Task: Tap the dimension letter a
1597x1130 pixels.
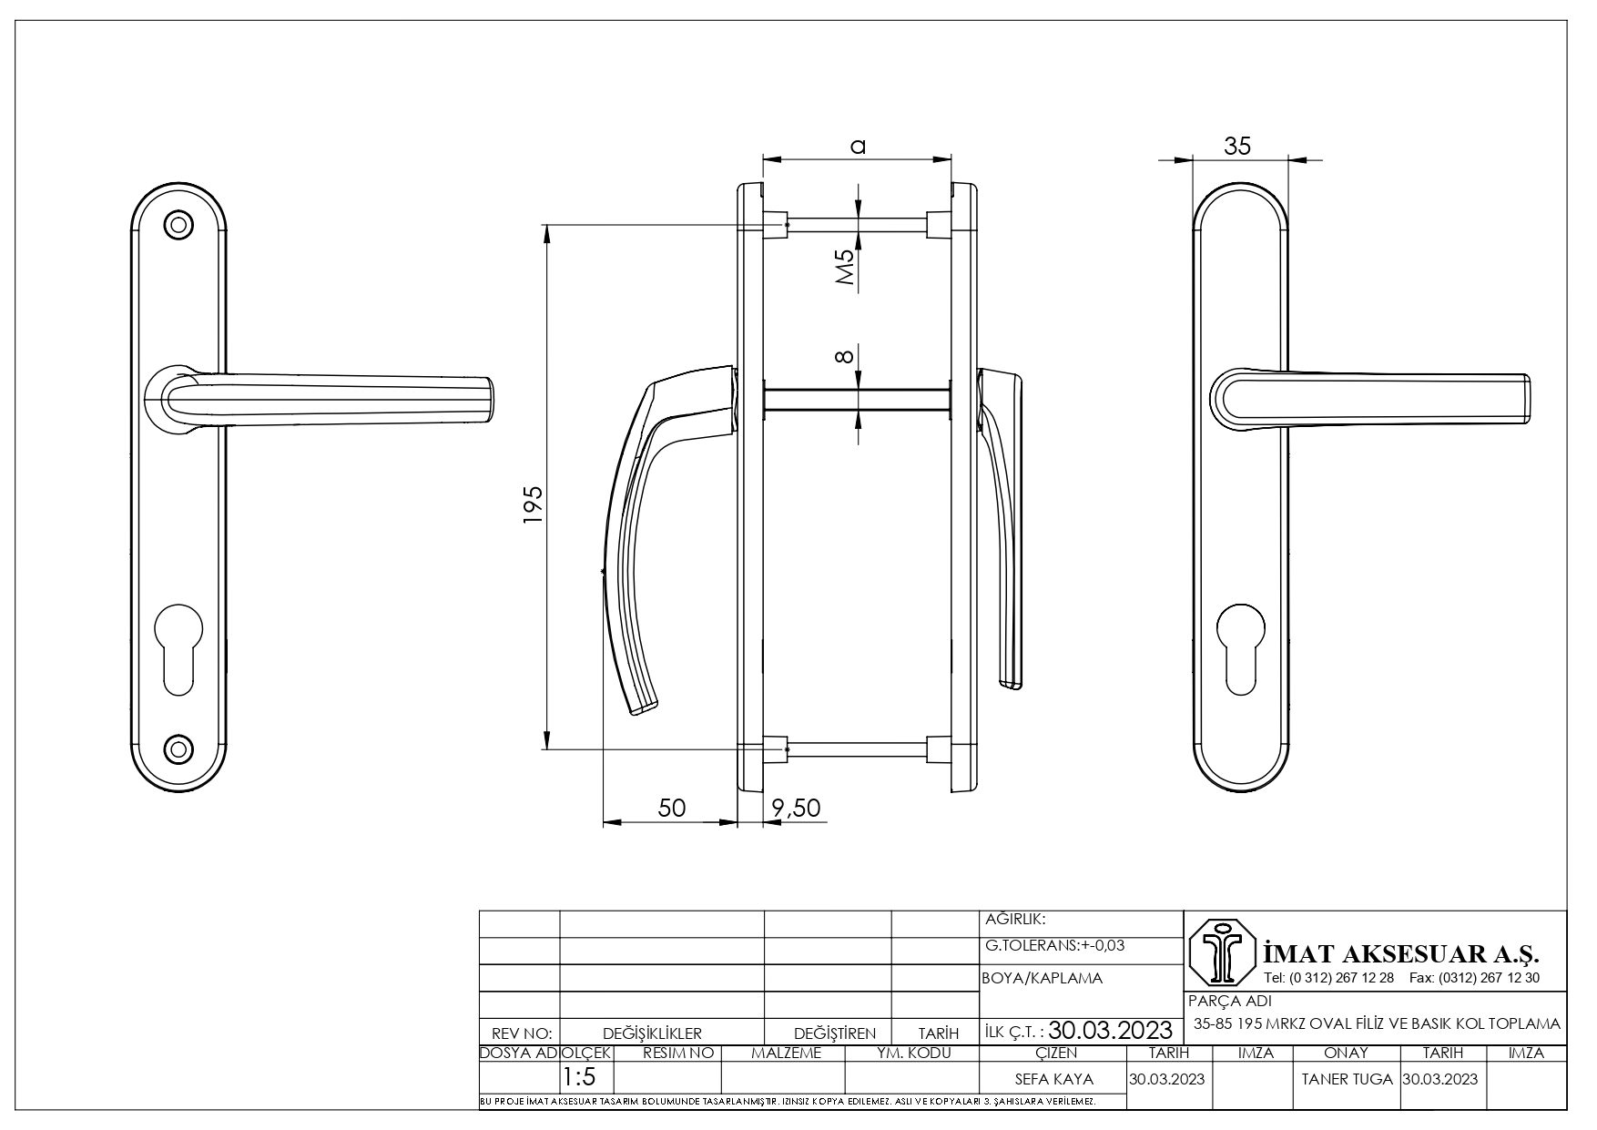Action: click(x=857, y=145)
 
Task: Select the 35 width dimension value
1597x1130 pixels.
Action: click(x=1237, y=146)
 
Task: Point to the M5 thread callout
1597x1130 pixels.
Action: click(x=846, y=269)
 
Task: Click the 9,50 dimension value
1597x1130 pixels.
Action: click(x=796, y=808)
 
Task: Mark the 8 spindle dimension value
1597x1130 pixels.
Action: click(x=845, y=356)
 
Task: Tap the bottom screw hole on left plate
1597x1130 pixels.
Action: click(x=178, y=748)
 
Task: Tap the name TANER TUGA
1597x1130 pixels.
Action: click(x=1348, y=1079)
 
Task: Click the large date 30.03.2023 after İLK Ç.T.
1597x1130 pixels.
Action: click(x=1111, y=1031)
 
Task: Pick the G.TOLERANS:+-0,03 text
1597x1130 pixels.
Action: click(x=1055, y=945)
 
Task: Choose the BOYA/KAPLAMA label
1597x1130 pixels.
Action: click(x=1043, y=979)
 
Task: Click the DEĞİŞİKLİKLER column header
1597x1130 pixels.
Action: click(x=652, y=1033)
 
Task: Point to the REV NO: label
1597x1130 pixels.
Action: click(x=522, y=1033)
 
